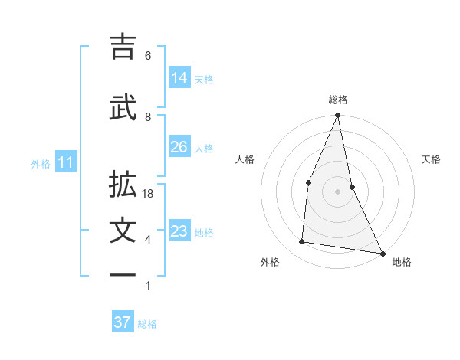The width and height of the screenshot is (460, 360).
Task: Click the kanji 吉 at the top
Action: click(x=123, y=47)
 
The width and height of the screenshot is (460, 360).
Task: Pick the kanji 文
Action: click(x=123, y=231)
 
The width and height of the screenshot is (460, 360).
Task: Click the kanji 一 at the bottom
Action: click(x=123, y=276)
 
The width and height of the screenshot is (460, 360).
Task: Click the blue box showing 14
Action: click(x=179, y=77)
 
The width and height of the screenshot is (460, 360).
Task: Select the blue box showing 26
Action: click(x=179, y=147)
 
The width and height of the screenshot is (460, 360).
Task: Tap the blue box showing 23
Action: click(x=179, y=231)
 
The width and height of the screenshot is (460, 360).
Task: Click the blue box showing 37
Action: click(x=123, y=322)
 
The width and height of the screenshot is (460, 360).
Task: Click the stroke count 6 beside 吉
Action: click(x=148, y=56)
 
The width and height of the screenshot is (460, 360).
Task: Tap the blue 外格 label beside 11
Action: click(x=41, y=162)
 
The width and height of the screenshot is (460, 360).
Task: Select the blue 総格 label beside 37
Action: click(x=147, y=323)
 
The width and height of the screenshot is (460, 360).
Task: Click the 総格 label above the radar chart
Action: click(x=338, y=100)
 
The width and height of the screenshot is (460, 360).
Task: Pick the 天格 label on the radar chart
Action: click(x=432, y=159)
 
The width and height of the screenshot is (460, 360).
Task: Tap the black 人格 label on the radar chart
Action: click(x=245, y=159)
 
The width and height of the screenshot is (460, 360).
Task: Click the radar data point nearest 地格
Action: click(x=382, y=253)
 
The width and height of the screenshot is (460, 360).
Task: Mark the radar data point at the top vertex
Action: click(x=338, y=116)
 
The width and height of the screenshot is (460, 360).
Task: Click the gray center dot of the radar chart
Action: click(x=338, y=191)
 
